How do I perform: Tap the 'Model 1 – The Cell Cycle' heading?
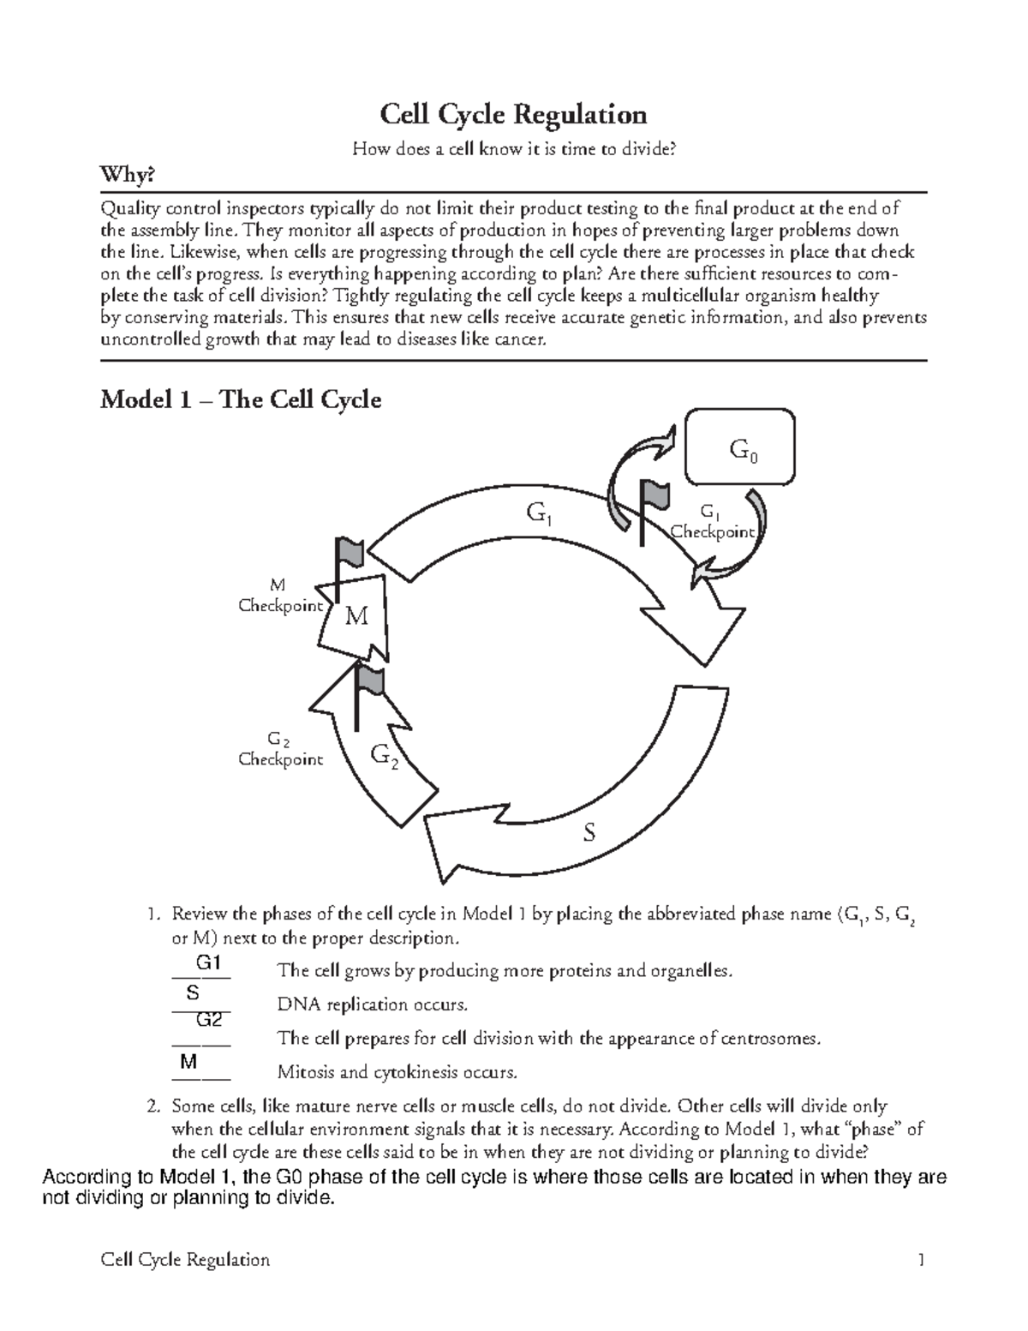pyautogui.click(x=241, y=399)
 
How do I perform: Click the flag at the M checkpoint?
pyautogui.click(x=349, y=553)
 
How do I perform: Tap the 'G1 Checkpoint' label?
pyautogui.click(x=711, y=523)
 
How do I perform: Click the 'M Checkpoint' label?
pyautogui.click(x=279, y=596)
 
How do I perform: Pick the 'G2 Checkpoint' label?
pyautogui.click(x=279, y=748)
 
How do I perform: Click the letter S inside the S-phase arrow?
pyautogui.click(x=589, y=832)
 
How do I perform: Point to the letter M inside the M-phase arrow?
pyautogui.click(x=356, y=616)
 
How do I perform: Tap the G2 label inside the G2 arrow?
pyautogui.click(x=384, y=756)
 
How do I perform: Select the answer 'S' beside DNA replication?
pyautogui.click(x=193, y=992)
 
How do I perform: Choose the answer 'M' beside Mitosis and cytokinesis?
pyautogui.click(x=189, y=1062)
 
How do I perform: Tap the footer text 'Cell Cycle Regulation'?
pyautogui.click(x=185, y=1260)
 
